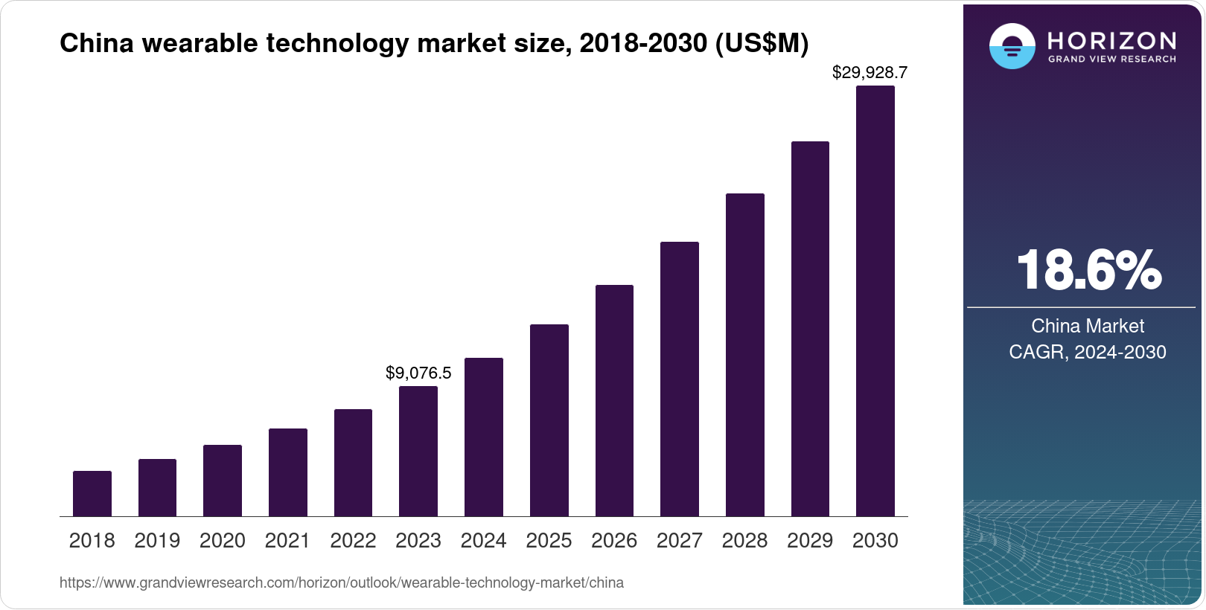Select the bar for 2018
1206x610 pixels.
[x=92, y=493]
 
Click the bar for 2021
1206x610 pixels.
[x=288, y=472]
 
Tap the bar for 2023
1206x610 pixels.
[x=418, y=451]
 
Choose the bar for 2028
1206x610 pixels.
[x=744, y=355]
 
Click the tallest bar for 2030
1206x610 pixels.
[x=875, y=301]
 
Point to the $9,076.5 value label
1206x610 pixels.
[x=418, y=373]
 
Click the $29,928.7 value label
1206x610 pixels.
[x=870, y=72]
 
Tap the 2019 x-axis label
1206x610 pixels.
[x=157, y=541]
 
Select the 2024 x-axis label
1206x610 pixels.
[x=484, y=541]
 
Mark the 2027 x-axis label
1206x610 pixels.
[x=680, y=541]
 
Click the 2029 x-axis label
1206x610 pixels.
[x=810, y=541]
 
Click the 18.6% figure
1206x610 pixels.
[x=1088, y=270]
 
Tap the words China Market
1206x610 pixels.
[x=1088, y=326]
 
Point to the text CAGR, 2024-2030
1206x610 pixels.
[x=1088, y=352]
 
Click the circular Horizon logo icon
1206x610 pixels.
[x=1012, y=46]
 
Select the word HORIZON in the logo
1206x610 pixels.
[x=1112, y=40]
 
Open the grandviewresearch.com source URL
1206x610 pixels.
[x=342, y=582]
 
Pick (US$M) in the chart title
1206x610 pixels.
[x=762, y=43]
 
